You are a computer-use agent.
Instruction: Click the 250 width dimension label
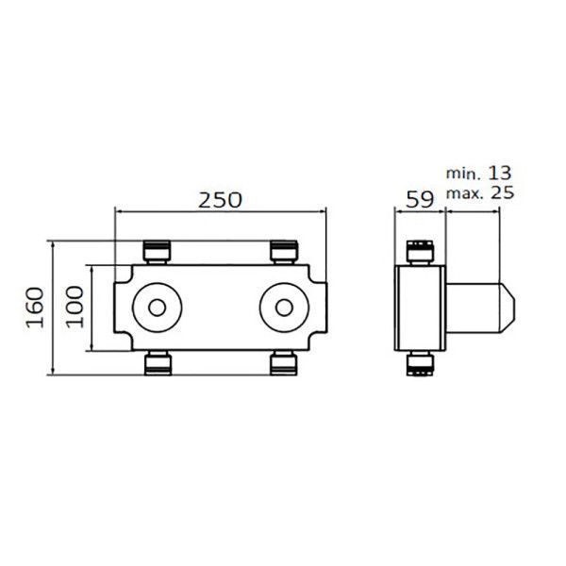point(220,200)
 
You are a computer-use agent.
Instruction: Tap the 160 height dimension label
point(35,308)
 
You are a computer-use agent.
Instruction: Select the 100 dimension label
point(75,308)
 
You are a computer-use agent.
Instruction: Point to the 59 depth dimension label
point(420,200)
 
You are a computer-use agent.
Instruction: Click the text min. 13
point(478,174)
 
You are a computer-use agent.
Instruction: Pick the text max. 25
point(480,192)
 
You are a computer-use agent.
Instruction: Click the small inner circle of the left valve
point(157,308)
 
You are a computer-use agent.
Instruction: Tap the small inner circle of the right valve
point(284,308)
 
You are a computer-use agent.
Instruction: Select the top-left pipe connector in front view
point(157,252)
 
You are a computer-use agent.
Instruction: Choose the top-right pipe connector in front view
point(284,252)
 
